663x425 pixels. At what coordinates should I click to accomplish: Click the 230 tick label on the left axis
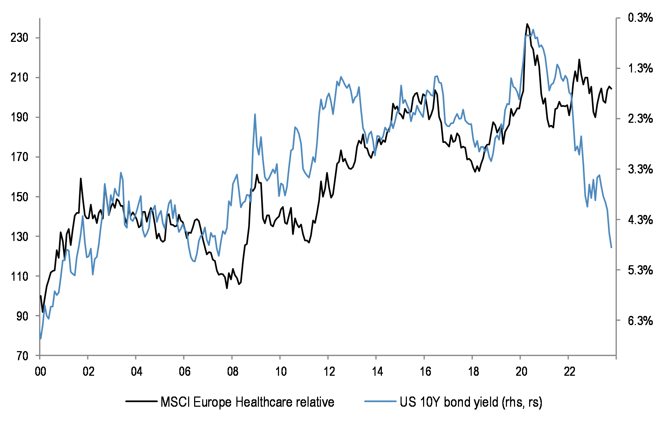pyautogui.click(x=19, y=38)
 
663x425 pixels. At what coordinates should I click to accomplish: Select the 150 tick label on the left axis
pyautogui.click(x=19, y=197)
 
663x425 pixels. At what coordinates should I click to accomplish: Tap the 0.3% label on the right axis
pyautogui.click(x=640, y=18)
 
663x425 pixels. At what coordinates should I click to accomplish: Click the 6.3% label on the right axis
pyautogui.click(x=640, y=321)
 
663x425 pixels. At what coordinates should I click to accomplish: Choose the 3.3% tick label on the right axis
pyautogui.click(x=640, y=169)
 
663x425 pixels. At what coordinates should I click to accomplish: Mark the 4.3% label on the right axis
pyautogui.click(x=640, y=220)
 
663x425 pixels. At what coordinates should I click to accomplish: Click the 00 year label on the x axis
pyautogui.click(x=41, y=372)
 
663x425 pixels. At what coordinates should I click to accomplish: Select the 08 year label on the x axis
pyautogui.click(x=233, y=372)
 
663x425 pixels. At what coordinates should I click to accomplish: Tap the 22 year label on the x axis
pyautogui.click(x=569, y=372)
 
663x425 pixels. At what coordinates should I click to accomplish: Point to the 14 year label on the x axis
pyautogui.click(x=377, y=372)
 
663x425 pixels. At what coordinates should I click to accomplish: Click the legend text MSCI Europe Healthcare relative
pyautogui.click(x=247, y=402)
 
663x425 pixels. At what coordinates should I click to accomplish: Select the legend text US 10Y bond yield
pyautogui.click(x=471, y=402)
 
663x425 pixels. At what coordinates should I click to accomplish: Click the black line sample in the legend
pyautogui.click(x=141, y=401)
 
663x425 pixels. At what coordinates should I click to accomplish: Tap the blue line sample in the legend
pyautogui.click(x=380, y=401)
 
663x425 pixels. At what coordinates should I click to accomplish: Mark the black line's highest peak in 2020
pyautogui.click(x=527, y=24)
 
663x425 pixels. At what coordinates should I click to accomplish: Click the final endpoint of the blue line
pyautogui.click(x=611, y=247)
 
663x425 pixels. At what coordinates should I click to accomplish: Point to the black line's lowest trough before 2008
pyautogui.click(x=227, y=288)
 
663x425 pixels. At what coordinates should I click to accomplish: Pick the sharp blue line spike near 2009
pyautogui.click(x=255, y=114)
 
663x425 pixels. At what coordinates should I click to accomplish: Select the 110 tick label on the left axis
pyautogui.click(x=19, y=276)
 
